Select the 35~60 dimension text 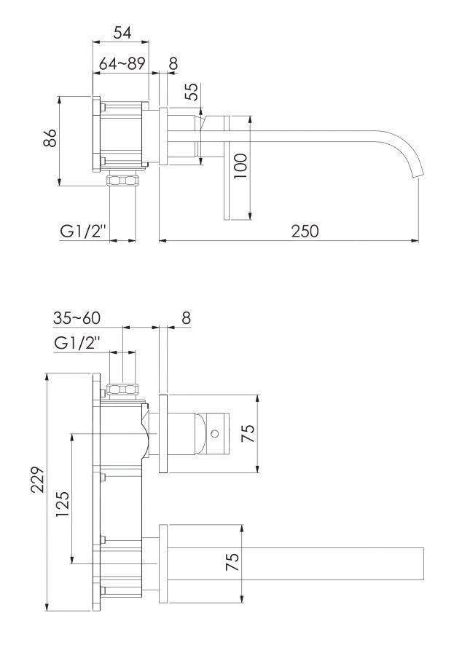pyautogui.click(x=77, y=318)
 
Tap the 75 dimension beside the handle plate pyautogui.click(x=248, y=434)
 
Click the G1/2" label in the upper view pyautogui.click(x=83, y=231)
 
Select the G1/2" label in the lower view pyautogui.click(x=77, y=342)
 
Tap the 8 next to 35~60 pyautogui.click(x=185, y=318)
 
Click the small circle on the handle pyautogui.click(x=214, y=434)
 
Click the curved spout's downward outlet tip pyautogui.click(x=418, y=175)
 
